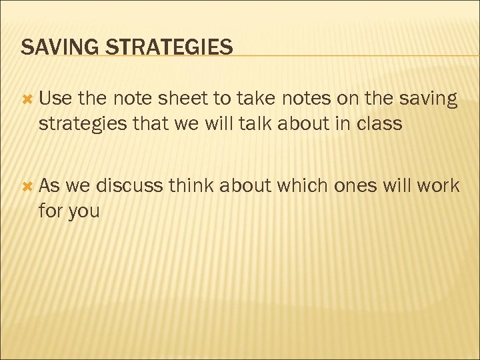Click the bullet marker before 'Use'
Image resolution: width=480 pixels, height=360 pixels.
pos(27,99)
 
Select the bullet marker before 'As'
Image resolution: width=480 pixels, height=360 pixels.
pos(27,186)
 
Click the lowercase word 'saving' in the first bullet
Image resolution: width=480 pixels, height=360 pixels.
pos(427,99)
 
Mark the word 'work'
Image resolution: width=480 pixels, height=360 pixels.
pos(436,185)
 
